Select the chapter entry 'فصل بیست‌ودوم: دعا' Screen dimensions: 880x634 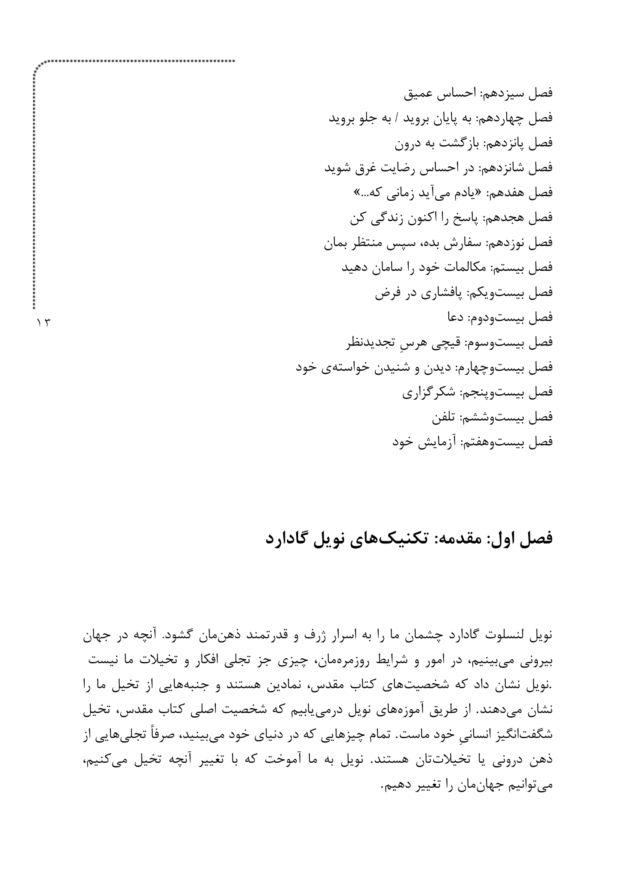click(x=499, y=318)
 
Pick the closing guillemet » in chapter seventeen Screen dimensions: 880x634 click(x=356, y=193)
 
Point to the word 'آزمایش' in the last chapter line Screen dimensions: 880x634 click(x=438, y=442)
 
